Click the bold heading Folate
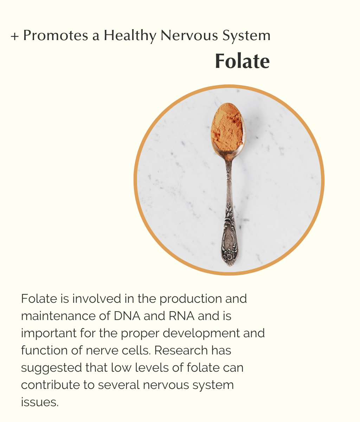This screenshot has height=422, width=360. [243, 61]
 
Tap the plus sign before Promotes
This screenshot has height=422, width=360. [15, 37]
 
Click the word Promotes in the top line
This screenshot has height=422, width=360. [56, 35]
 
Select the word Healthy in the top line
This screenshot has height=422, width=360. [130, 36]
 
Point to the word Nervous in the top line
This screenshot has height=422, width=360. [189, 36]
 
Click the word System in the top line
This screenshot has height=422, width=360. [246, 36]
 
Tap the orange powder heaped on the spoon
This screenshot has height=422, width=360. [227, 127]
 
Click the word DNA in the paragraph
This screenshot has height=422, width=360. [127, 316]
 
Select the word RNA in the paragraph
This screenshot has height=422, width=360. [182, 316]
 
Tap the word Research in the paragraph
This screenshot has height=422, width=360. [181, 351]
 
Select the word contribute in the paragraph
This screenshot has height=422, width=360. [50, 385]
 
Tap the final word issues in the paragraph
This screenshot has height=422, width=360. [40, 402]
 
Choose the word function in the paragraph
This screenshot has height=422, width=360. [44, 351]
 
